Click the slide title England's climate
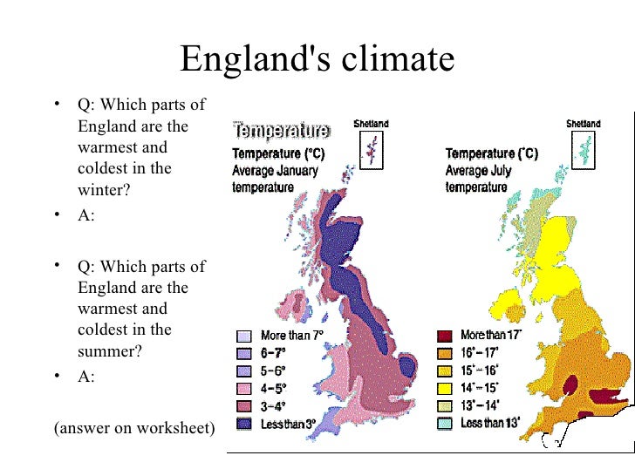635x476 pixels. [317, 59]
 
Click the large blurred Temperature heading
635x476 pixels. [281, 132]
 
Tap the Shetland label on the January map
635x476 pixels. [371, 124]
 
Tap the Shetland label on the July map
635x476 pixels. [584, 124]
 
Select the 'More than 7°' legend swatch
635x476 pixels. [244, 336]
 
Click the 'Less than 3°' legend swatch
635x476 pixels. [244, 425]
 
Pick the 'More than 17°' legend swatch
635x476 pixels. [444, 336]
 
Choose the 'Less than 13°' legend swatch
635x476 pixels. [444, 425]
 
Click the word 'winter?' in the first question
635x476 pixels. [104, 189]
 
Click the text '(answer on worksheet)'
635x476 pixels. [133, 428]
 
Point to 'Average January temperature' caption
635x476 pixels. [275, 179]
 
